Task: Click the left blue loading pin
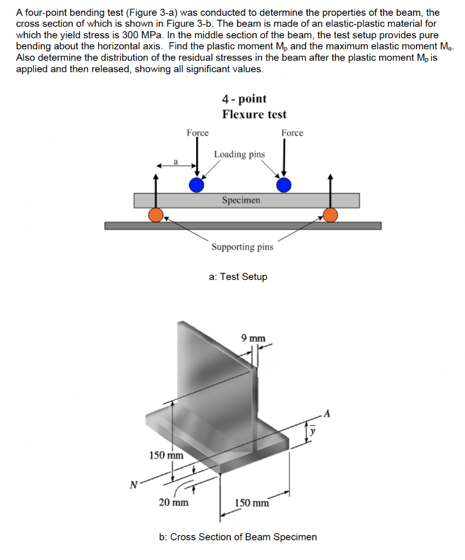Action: click(197, 185)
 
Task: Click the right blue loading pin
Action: click(283, 185)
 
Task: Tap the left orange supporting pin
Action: click(157, 215)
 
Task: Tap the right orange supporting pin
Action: click(330, 215)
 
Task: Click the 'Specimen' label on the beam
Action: click(241, 200)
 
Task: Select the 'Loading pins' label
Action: click(239, 154)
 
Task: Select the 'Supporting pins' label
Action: click(242, 247)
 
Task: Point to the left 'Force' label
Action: click(197, 133)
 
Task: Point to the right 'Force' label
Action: click(292, 133)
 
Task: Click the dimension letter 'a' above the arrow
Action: click(175, 161)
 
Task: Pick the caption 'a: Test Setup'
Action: click(238, 277)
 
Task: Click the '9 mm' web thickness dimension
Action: click(253, 338)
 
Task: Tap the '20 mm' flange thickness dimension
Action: click(174, 502)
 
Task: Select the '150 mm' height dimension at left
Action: click(167, 454)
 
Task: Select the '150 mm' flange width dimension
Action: click(252, 503)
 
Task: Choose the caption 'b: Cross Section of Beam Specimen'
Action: click(238, 537)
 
